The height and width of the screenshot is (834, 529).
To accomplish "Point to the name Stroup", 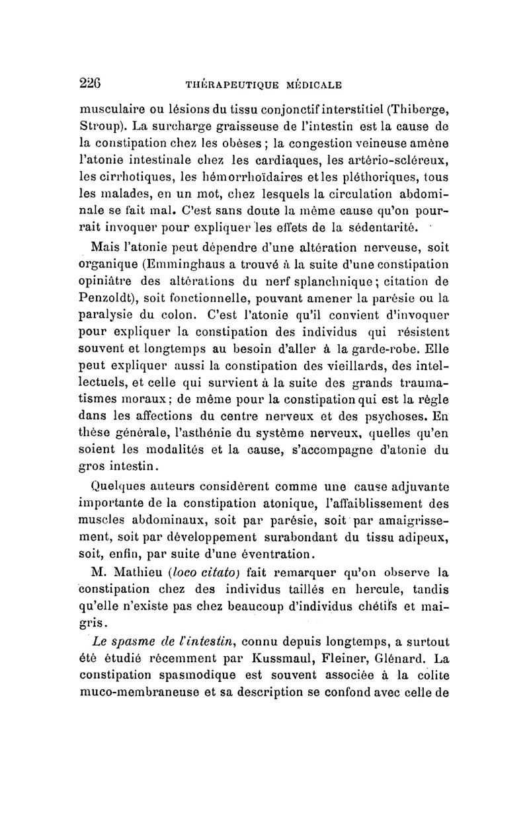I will tap(100, 126).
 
